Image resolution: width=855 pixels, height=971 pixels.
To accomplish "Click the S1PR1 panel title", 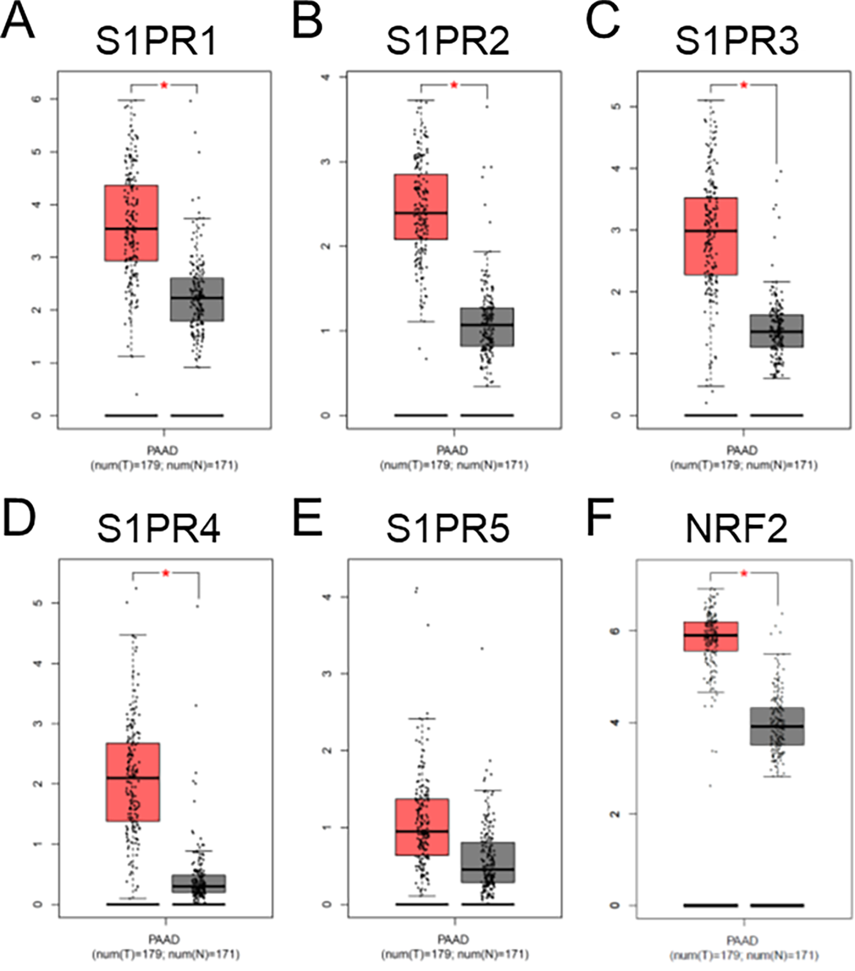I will point(156,42).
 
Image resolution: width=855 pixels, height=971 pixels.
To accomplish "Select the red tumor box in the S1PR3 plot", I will point(711,236).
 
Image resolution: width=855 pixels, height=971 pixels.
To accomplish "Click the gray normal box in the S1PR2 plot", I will point(487,327).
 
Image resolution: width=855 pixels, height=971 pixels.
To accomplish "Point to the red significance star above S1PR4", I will point(166,573).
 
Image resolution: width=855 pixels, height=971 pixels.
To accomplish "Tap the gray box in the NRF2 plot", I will point(777,726).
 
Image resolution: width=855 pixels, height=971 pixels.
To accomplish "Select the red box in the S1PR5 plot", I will point(422,827).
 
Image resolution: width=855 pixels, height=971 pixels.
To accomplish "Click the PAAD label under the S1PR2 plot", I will point(453,450).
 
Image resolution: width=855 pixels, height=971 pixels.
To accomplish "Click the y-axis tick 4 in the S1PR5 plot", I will point(326,596).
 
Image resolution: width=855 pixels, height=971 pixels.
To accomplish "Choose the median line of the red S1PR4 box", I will point(133,778).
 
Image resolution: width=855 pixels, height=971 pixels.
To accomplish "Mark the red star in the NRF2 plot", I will point(744,573).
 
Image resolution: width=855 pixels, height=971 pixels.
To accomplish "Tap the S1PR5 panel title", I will point(447,529).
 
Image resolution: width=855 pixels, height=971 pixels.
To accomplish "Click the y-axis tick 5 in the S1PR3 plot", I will point(616,107).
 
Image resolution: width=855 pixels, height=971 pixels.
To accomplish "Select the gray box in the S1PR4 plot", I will point(198,884).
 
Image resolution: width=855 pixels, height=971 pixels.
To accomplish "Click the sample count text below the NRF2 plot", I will point(743,955).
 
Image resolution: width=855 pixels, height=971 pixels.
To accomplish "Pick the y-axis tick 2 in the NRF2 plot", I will point(616,814).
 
